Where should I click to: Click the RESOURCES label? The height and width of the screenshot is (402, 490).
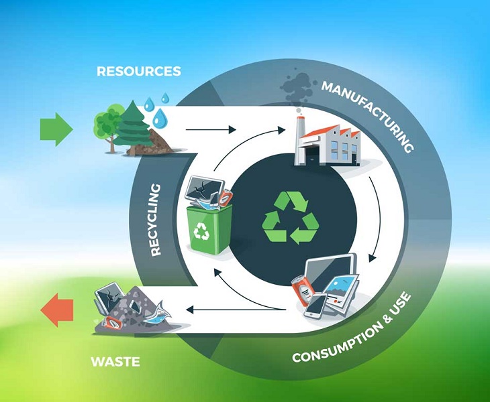tap(138, 71)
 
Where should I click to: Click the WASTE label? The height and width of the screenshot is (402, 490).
tap(115, 362)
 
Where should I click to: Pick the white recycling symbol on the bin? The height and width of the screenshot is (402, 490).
tap(202, 231)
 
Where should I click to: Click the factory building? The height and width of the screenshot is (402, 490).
tap(328, 142)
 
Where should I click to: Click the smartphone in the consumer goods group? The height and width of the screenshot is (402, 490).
tap(315, 305)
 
